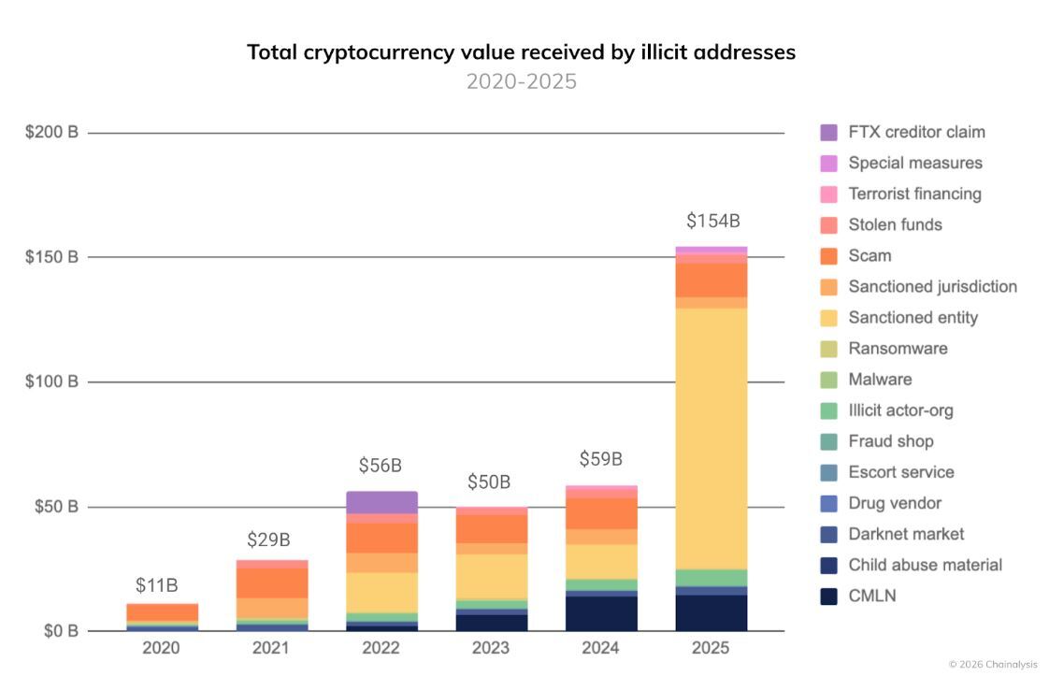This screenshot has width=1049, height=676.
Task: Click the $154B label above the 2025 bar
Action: pyautogui.click(x=712, y=222)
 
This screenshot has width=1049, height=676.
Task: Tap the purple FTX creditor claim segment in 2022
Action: pyautogui.click(x=381, y=502)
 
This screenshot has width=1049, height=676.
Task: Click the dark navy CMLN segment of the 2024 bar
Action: pyautogui.click(x=602, y=613)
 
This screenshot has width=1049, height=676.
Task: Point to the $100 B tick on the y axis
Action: pyautogui.click(x=51, y=381)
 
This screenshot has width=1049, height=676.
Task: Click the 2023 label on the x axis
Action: pyautogui.click(x=491, y=647)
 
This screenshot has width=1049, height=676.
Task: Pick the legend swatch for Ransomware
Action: pyautogui.click(x=828, y=349)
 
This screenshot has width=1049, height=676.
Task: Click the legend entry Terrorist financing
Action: pyautogui.click(x=913, y=194)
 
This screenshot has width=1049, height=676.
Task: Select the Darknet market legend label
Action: pyautogui.click(x=905, y=534)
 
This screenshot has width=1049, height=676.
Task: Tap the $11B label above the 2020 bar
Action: pyautogui.click(x=156, y=585)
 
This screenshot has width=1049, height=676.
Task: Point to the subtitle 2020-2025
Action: pyautogui.click(x=521, y=81)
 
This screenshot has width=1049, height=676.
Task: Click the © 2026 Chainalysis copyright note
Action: pyautogui.click(x=992, y=665)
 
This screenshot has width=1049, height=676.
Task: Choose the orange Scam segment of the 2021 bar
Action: pyautogui.click(x=272, y=583)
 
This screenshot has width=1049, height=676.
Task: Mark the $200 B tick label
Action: pyautogui.click(x=51, y=133)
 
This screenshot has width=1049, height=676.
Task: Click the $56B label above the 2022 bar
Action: pyautogui.click(x=381, y=466)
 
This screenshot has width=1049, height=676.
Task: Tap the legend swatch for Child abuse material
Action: pyautogui.click(x=828, y=565)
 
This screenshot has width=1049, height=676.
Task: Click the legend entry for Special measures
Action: pyautogui.click(x=914, y=163)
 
